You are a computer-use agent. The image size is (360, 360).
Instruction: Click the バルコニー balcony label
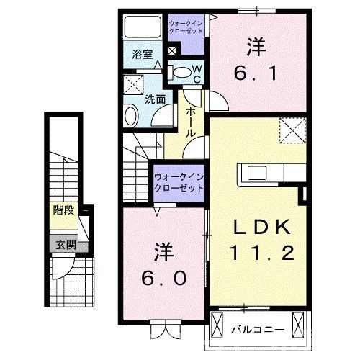tap(258, 330)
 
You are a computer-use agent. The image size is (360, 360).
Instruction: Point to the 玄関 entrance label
tap(63, 244)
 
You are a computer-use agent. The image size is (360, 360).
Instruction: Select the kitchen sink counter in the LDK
tap(266, 173)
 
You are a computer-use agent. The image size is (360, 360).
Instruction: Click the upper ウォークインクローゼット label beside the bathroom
tap(186, 27)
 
